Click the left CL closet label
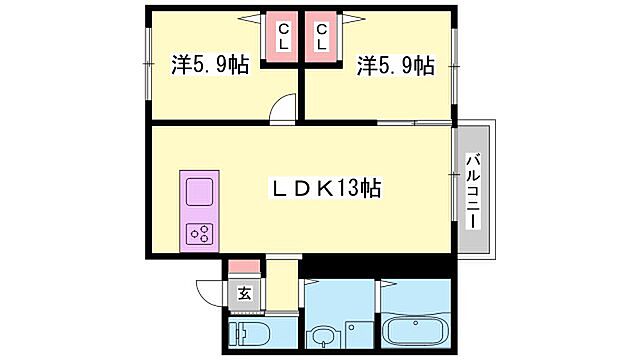coord(283,37)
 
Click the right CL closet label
coord(322,37)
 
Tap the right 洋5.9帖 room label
coord(395,66)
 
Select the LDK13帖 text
coord(327,187)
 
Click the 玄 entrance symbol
coord(243,293)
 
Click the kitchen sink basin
coord(198,190)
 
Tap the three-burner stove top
coord(199,234)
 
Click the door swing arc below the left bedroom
coord(285,108)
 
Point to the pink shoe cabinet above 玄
coord(243,268)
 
